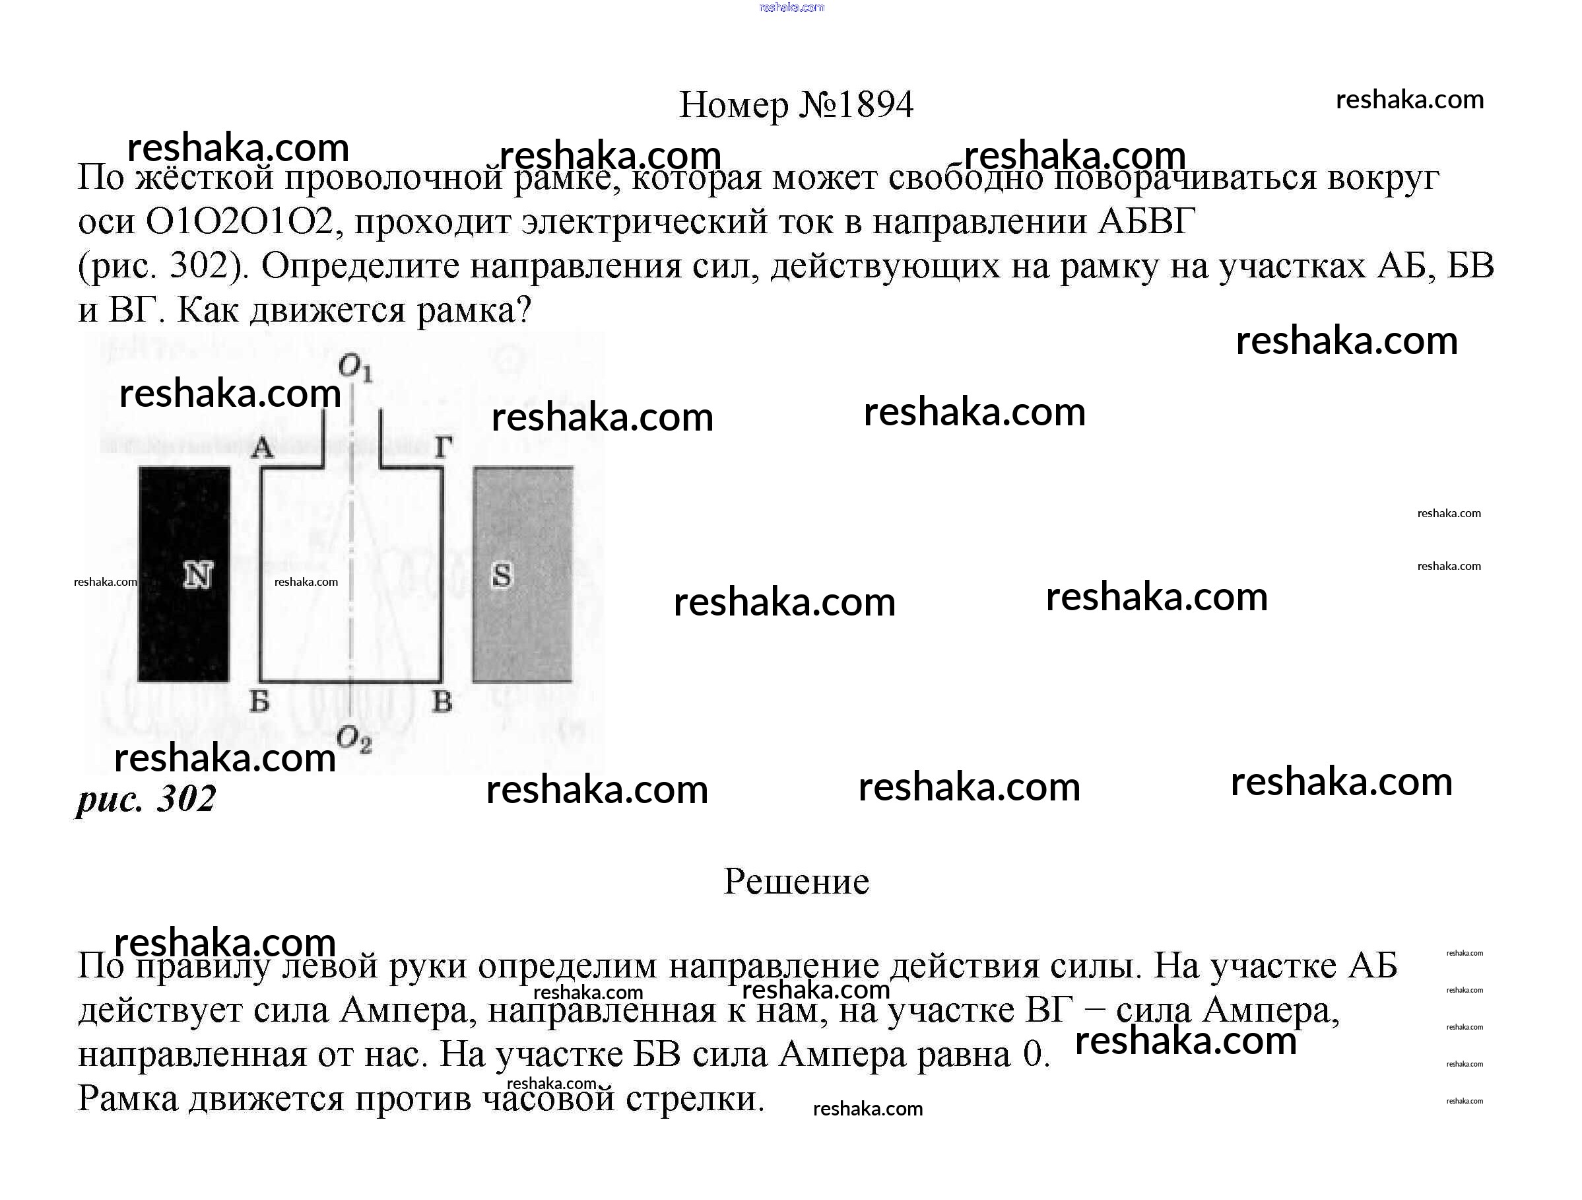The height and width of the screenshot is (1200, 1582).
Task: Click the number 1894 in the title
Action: tap(875, 105)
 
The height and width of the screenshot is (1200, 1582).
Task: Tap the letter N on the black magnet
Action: tap(198, 575)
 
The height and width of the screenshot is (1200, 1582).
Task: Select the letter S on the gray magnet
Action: tap(502, 575)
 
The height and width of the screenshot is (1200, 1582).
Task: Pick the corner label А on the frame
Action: tap(263, 448)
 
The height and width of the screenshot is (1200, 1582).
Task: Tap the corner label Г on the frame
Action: tap(444, 448)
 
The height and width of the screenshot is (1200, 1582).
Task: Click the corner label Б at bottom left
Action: tap(259, 702)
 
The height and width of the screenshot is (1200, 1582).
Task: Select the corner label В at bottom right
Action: tap(443, 702)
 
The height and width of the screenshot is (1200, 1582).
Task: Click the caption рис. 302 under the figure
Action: tap(146, 798)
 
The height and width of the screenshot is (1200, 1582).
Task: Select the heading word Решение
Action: tap(796, 882)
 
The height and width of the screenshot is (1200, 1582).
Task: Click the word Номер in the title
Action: tap(734, 105)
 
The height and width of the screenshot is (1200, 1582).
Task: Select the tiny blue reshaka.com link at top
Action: tap(792, 7)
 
